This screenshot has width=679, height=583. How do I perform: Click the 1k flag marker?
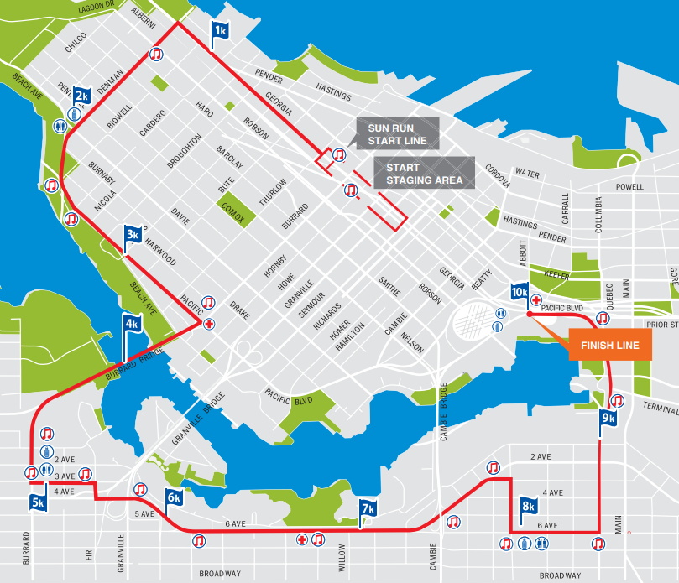(x=220, y=31)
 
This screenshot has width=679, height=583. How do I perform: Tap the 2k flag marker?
(x=81, y=96)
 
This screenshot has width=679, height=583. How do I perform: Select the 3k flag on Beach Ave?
(x=133, y=235)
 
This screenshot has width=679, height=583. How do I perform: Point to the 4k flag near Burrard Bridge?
(x=132, y=323)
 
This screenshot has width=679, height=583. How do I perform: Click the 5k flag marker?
(x=39, y=503)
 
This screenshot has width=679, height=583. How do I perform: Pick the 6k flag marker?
(x=174, y=497)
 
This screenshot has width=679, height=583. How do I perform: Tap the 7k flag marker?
(x=367, y=508)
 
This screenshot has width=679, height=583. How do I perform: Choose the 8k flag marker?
(x=528, y=506)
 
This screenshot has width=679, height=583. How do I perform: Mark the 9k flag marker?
(x=608, y=418)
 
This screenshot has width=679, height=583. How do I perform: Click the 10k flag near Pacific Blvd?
(x=520, y=293)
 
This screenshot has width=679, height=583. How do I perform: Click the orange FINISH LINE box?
(x=610, y=346)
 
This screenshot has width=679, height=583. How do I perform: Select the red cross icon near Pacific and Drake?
(x=209, y=323)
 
